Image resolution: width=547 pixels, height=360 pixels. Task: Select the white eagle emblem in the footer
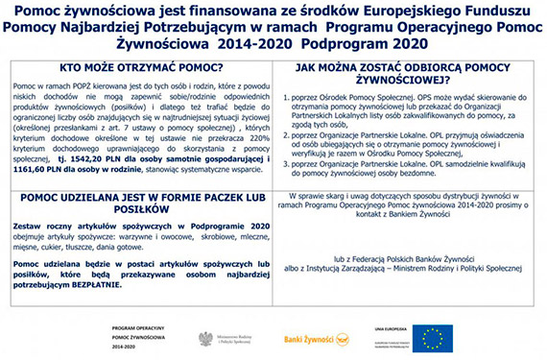coord(204,338)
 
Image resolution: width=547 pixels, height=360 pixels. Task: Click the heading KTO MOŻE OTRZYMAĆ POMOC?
coord(140,69)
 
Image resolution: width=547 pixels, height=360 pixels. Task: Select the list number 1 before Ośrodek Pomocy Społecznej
coord(285,99)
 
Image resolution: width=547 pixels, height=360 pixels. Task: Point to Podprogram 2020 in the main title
coord(366,44)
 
